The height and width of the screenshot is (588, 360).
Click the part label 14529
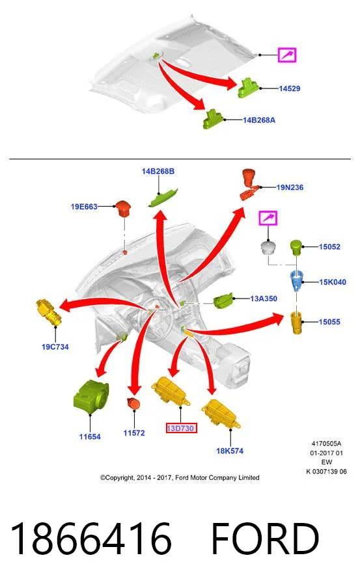290,88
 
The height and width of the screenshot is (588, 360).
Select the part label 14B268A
259,120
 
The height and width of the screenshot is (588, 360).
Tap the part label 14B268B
158,171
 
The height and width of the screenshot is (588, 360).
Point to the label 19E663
84,206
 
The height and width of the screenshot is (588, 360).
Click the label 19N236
290,187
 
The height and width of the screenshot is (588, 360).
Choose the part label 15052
329,247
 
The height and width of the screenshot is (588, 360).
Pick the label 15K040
333,282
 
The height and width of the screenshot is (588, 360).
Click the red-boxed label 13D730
182,428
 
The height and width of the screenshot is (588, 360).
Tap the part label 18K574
230,451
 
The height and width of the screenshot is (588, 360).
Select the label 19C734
55,347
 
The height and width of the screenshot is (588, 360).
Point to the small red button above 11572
133,404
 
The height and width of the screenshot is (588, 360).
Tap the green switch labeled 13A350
223,301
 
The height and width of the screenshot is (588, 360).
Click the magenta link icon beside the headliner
287,55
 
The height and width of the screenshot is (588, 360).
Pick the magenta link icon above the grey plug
268,218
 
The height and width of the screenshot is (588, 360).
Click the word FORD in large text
265,539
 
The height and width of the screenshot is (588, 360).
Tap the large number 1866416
91,539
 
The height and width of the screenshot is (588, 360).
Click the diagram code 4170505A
327,444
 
